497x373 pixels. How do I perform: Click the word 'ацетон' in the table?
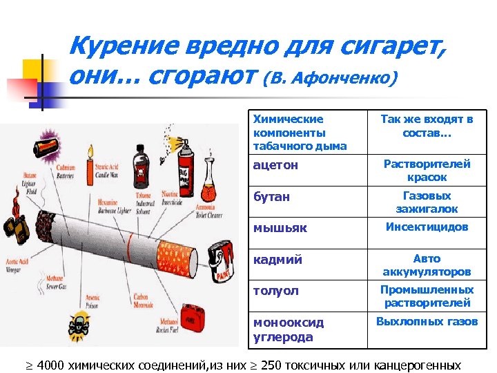pos(276,166)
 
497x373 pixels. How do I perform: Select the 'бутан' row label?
pos(272,197)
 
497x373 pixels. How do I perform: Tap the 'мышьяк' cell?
pos(280,228)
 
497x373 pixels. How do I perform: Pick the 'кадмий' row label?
pos(277,260)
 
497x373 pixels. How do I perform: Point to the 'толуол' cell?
pos(276,291)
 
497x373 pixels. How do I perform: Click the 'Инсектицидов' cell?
pos(427,227)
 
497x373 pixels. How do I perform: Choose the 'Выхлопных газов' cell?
pos(427,322)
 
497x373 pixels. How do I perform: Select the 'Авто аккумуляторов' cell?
pos(427,265)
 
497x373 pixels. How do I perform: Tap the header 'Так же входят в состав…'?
pos(427,125)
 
